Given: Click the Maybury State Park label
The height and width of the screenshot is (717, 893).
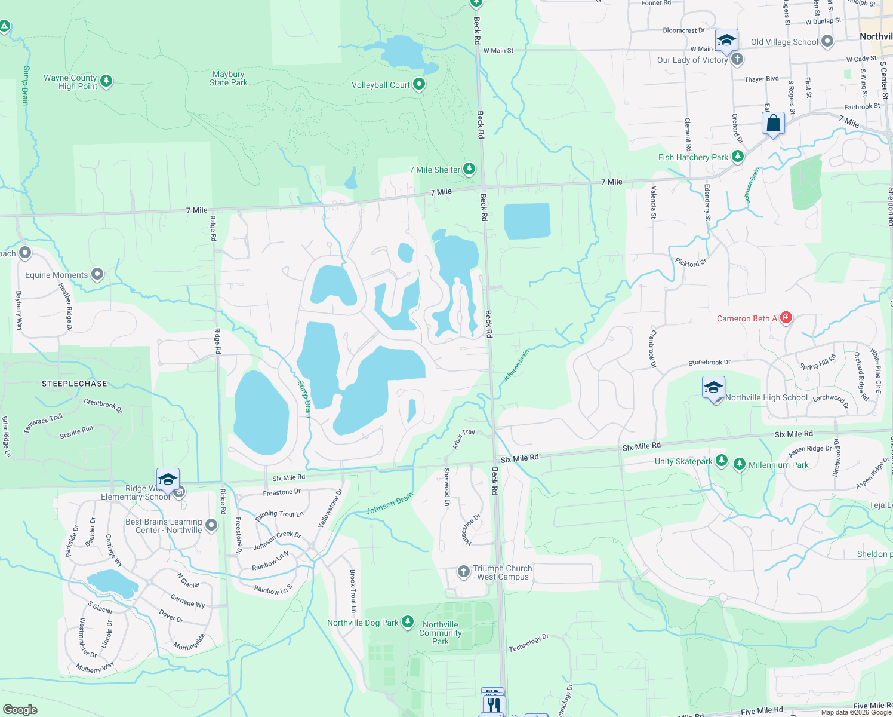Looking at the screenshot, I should pyautogui.click(x=228, y=79).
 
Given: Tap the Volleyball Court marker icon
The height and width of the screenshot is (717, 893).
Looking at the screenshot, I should pyautogui.click(x=419, y=85).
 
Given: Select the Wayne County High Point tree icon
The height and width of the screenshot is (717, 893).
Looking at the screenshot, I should pyautogui.click(x=106, y=81).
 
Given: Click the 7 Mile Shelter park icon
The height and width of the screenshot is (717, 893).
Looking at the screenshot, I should pyautogui.click(x=469, y=170).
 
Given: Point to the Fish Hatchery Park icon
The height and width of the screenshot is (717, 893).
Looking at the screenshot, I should pyautogui.click(x=738, y=157).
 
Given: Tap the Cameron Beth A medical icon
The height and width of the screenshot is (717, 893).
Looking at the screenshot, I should pyautogui.click(x=786, y=318).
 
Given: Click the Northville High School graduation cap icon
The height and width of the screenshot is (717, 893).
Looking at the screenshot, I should pyautogui.click(x=713, y=388).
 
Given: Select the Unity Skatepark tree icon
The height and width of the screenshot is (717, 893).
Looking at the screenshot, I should pyautogui.click(x=722, y=461).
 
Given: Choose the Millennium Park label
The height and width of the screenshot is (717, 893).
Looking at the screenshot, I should pyautogui.click(x=778, y=465).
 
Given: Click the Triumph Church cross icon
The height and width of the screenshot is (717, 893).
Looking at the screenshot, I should pyautogui.click(x=464, y=572).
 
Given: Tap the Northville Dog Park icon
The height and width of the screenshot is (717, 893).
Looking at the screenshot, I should pyautogui.click(x=408, y=622).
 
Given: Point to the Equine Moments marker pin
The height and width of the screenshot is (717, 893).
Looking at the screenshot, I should pyautogui.click(x=97, y=275).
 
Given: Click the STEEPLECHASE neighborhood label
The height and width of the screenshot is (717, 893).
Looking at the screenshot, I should pyautogui.click(x=75, y=384).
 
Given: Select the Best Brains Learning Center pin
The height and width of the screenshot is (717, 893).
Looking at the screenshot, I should pyautogui.click(x=211, y=525).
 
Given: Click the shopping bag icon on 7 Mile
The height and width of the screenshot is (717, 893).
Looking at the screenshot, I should pyautogui.click(x=773, y=124).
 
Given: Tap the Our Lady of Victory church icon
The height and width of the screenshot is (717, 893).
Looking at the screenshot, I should pyautogui.click(x=737, y=59).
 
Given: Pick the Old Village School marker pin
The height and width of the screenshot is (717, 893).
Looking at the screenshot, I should pyautogui.click(x=827, y=41).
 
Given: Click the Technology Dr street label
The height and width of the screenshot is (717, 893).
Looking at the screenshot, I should pyautogui.click(x=528, y=644).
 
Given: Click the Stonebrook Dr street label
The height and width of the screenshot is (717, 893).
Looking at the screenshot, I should pyautogui.click(x=709, y=363).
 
